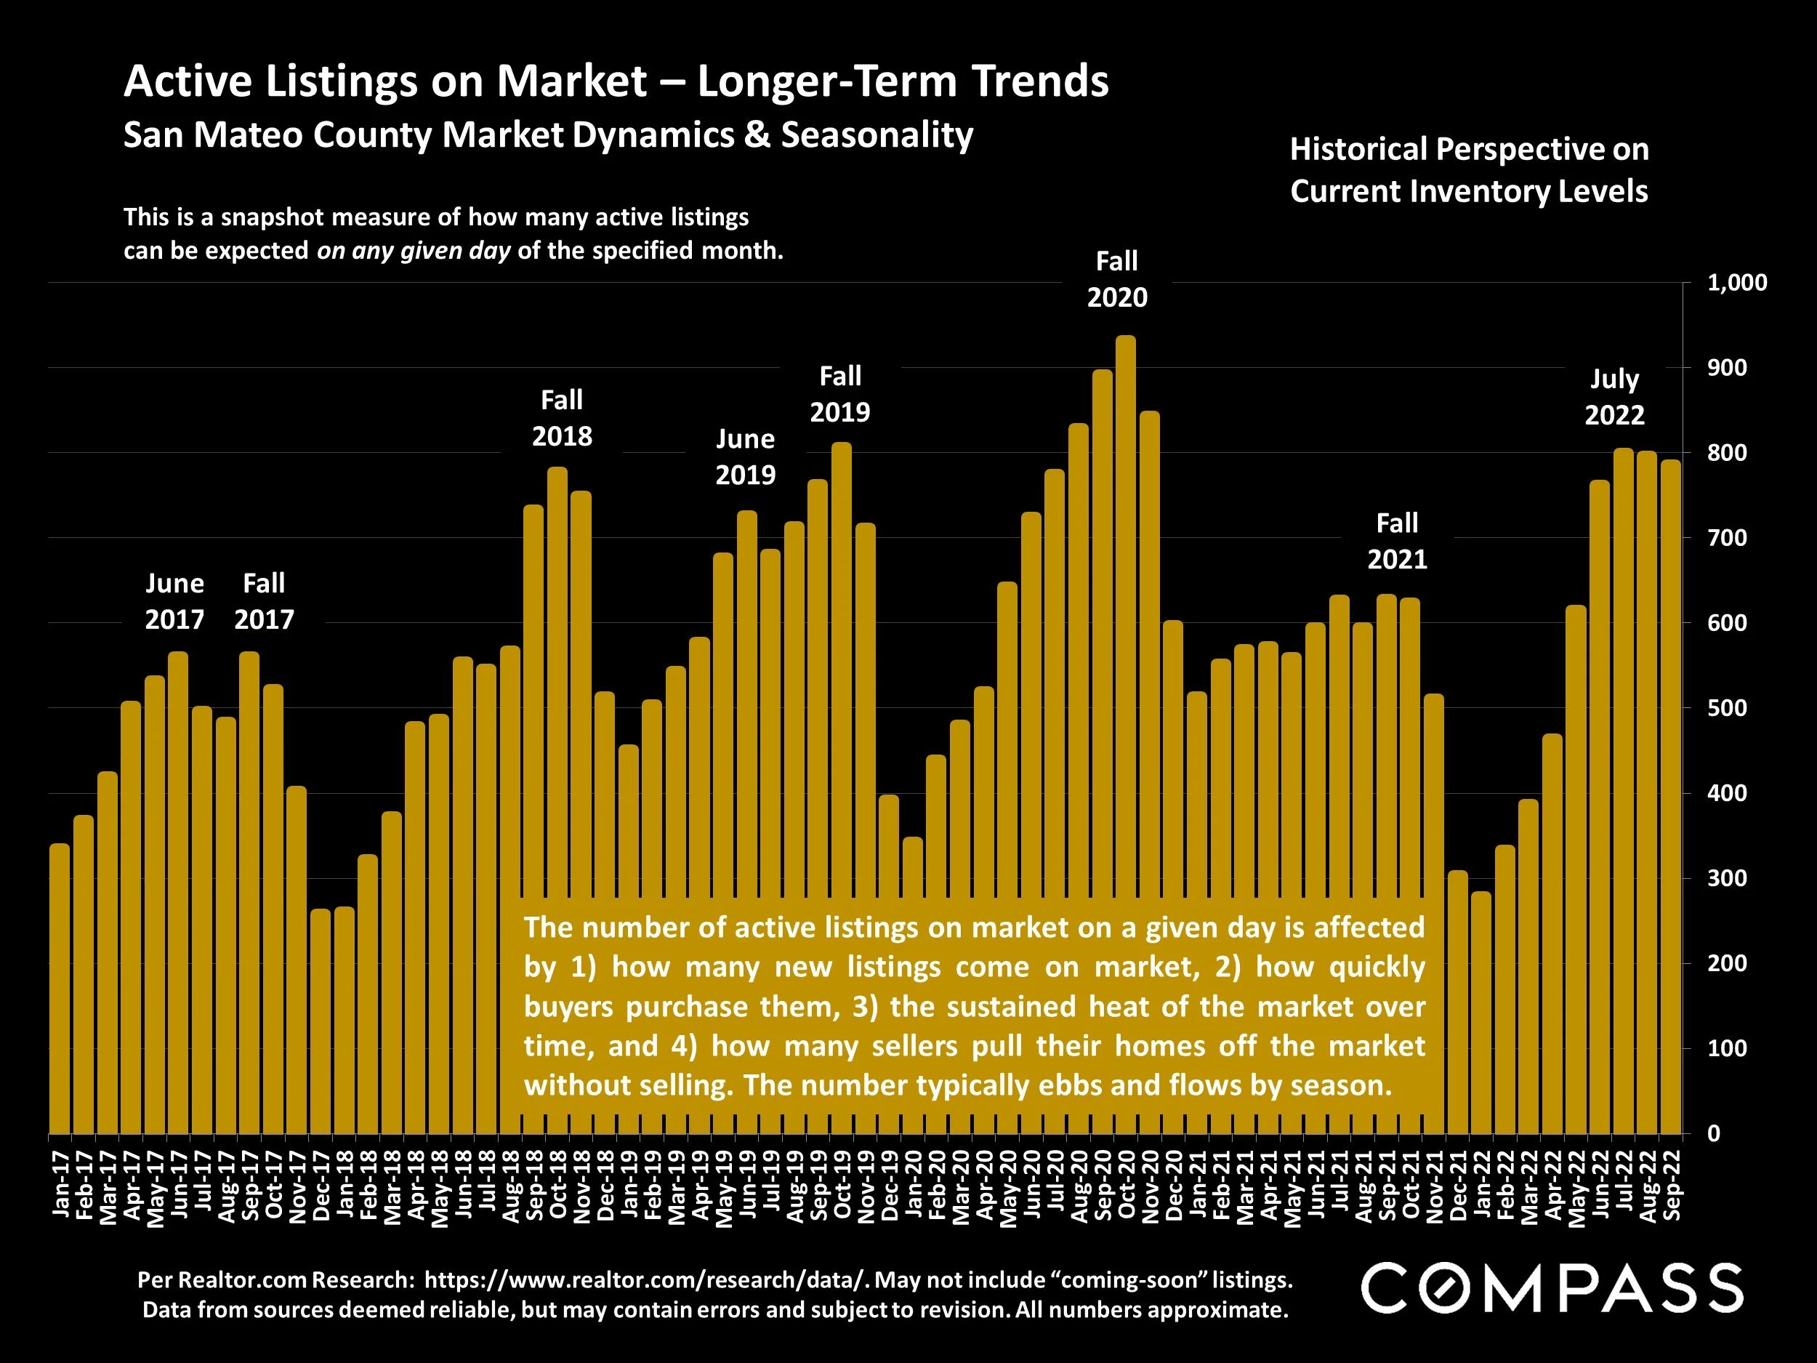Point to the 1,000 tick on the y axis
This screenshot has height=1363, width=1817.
point(1736,284)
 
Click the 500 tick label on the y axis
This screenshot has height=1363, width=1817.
point(1727,708)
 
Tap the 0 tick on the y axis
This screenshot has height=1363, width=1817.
point(1714,1134)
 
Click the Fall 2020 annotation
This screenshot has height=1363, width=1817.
point(1117,279)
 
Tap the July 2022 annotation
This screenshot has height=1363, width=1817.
point(1614,397)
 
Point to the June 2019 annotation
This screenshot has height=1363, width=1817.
point(745,457)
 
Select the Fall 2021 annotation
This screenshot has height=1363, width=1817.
point(1396,541)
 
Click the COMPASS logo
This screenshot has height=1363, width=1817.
point(1551,1287)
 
